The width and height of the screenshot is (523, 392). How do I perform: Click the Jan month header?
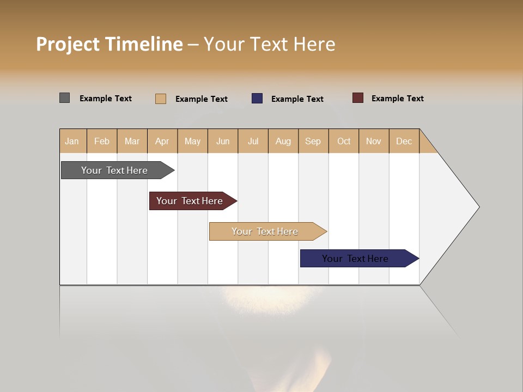tap(72, 141)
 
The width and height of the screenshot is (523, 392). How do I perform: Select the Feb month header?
tap(102, 141)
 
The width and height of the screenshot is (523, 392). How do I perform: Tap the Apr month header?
tap(162, 141)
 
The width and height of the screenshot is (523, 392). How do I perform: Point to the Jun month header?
tap(223, 141)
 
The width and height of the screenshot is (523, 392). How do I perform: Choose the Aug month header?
tap(283, 141)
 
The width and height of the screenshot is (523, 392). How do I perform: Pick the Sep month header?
tap(313, 141)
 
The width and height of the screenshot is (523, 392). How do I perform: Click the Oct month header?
tap(344, 141)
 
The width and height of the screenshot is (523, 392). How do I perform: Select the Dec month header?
tap(404, 141)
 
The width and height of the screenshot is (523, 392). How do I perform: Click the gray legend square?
tap(64, 98)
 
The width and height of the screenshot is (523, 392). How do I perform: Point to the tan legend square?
tap(161, 99)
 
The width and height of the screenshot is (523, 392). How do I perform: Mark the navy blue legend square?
tap(257, 99)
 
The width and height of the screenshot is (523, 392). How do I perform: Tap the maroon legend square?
tap(358, 98)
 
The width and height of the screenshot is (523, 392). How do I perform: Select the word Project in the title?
tap(67, 44)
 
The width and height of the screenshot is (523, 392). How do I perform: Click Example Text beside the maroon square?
tap(397, 99)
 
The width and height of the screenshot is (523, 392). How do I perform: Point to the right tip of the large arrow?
tap(478, 206)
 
